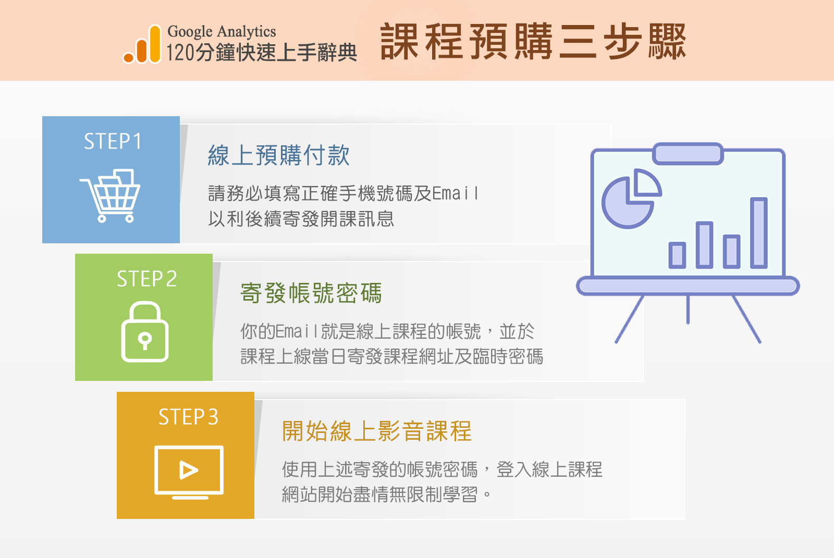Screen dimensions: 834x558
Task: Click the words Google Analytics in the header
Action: (222, 32)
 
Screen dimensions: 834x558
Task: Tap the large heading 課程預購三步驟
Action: (533, 41)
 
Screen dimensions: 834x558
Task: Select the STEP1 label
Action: (113, 141)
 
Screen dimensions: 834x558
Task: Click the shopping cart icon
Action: (110, 196)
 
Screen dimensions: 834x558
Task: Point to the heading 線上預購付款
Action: (278, 155)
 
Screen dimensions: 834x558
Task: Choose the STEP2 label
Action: (146, 278)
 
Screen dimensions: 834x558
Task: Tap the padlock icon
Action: (145, 331)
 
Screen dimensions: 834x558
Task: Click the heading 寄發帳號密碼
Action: (311, 293)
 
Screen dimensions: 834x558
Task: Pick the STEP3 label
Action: (188, 416)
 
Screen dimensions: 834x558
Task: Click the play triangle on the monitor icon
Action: (188, 470)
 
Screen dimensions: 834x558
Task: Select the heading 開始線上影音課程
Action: (377, 431)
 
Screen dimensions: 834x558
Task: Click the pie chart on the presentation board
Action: (631, 199)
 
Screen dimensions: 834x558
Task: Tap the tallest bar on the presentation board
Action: (759, 233)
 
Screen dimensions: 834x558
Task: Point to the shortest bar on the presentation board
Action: (677, 255)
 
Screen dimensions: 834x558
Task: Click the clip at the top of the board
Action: (688, 153)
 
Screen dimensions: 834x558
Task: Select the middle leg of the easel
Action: (688, 309)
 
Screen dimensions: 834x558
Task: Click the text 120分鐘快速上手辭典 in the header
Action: (261, 53)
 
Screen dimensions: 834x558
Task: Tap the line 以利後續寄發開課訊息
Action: (301, 218)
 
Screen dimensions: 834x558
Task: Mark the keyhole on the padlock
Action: (145, 340)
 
